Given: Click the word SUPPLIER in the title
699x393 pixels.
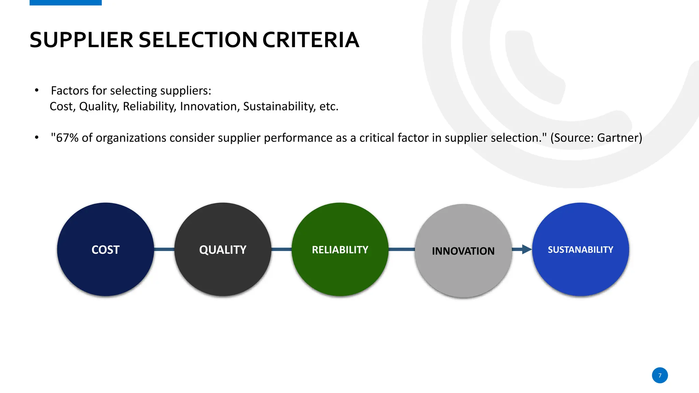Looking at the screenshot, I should pyautogui.click(x=81, y=40).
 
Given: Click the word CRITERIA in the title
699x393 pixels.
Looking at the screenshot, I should pyautogui.click(x=311, y=40).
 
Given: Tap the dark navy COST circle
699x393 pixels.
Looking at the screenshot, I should pyautogui.click(x=105, y=249).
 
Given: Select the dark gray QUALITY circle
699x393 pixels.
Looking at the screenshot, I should pyautogui.click(x=223, y=249).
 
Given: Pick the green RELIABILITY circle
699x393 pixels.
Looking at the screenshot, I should pyautogui.click(x=340, y=249).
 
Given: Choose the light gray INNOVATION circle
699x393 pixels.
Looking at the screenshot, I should pyautogui.click(x=463, y=251).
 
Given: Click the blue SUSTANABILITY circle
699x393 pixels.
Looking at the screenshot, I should pyautogui.click(x=580, y=249).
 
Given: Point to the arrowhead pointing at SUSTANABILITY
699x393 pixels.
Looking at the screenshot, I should pyautogui.click(x=527, y=249).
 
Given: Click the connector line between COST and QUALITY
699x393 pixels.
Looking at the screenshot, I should pyautogui.click(x=164, y=249).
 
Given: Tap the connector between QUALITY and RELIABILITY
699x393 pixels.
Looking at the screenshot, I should pyautogui.click(x=282, y=249).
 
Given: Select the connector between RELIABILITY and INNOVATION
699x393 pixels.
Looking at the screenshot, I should pyautogui.click(x=402, y=249).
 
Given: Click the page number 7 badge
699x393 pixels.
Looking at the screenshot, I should pyautogui.click(x=660, y=375).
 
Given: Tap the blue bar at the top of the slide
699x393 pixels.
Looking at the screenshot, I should pyautogui.click(x=66, y=2).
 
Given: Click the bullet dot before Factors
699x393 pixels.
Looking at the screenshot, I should pyautogui.click(x=37, y=90).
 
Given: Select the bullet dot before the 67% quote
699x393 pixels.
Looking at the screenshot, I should pyautogui.click(x=37, y=138).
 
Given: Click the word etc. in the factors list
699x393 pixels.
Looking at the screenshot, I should pyautogui.click(x=329, y=106).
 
